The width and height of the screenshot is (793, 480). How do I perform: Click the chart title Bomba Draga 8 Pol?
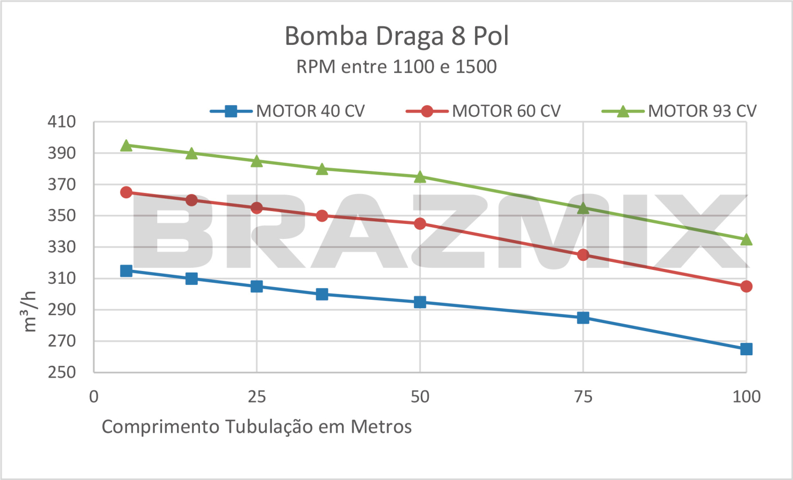click(x=396, y=36)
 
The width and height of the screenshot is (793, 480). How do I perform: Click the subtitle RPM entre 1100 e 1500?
click(x=396, y=67)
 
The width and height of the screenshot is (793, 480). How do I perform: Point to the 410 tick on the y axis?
click(x=62, y=122)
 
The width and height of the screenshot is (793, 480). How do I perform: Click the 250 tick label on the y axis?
click(x=62, y=372)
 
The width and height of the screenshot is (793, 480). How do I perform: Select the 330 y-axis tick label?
click(x=62, y=247)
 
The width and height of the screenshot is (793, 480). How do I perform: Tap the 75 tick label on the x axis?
click(x=583, y=396)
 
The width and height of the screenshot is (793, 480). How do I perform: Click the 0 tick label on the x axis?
click(x=94, y=396)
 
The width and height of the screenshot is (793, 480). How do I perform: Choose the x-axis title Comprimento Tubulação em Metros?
click(x=257, y=427)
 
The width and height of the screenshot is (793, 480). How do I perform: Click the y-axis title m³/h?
click(x=30, y=311)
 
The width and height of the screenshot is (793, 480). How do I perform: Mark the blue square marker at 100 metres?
click(x=746, y=349)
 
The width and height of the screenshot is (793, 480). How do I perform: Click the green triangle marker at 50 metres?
click(x=420, y=177)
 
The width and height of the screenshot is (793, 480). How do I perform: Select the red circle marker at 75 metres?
click(x=583, y=255)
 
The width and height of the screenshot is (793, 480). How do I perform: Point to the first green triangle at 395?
click(x=126, y=146)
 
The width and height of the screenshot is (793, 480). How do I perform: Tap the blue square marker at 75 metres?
click(x=583, y=318)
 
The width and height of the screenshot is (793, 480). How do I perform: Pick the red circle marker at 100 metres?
click(x=746, y=286)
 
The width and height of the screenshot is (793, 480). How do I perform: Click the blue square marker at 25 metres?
click(x=257, y=286)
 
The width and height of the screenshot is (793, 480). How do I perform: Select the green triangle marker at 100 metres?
click(x=746, y=239)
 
